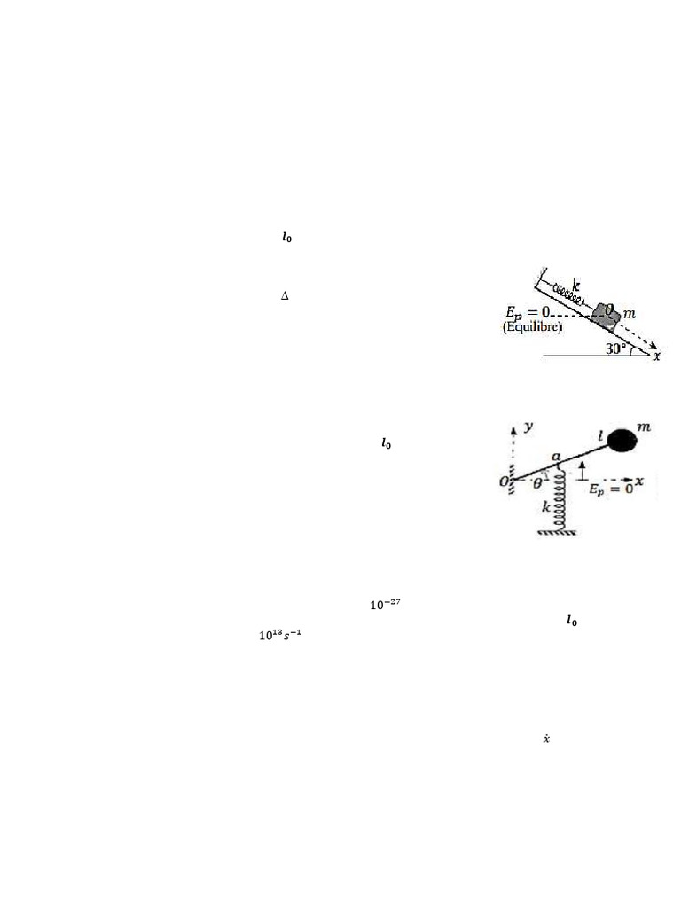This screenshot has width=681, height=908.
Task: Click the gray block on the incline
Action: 607,313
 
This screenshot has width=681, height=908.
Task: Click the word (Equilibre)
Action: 532,327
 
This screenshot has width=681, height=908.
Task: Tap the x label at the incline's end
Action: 656,356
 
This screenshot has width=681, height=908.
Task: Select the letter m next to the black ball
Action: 645,428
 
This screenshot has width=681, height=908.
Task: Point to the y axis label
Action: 529,427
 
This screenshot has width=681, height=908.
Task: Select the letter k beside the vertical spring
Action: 546,507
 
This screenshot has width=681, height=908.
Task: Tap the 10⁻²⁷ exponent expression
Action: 384,606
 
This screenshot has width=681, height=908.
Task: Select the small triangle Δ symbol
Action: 285,295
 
